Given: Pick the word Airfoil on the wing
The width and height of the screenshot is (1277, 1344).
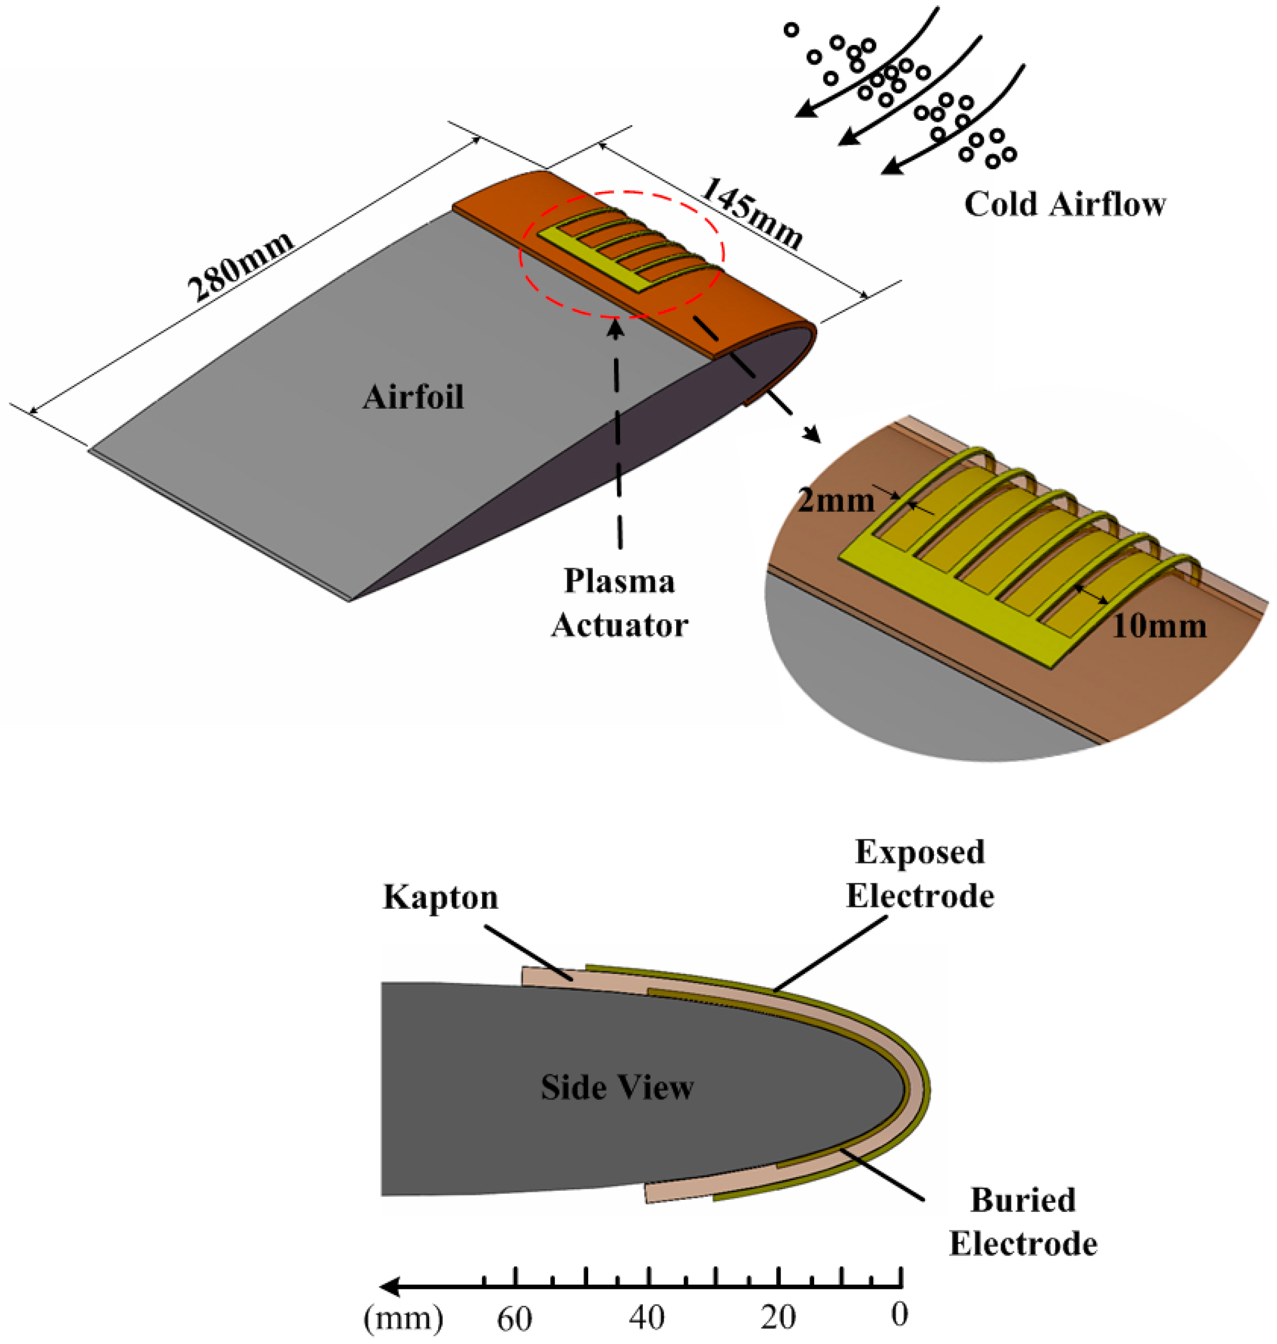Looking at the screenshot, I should pyautogui.click(x=413, y=397).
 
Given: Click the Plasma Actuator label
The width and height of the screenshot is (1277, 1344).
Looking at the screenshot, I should pyautogui.click(x=619, y=603).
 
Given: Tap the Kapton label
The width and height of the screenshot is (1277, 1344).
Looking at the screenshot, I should pyautogui.click(x=440, y=897).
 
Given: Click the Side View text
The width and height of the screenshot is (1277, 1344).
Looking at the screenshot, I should pyautogui.click(x=617, y=1087).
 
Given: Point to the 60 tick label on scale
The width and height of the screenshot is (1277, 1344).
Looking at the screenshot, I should pyautogui.click(x=514, y=1318).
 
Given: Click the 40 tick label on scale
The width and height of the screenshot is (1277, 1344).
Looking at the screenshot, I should pyautogui.click(x=646, y=1317).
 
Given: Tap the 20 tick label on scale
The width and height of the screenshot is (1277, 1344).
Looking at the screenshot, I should pyautogui.click(x=778, y=1317).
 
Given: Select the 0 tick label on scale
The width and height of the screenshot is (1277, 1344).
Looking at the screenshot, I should pyautogui.click(x=900, y=1315).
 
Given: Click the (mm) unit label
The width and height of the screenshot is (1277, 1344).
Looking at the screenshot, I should pyautogui.click(x=404, y=1318).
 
